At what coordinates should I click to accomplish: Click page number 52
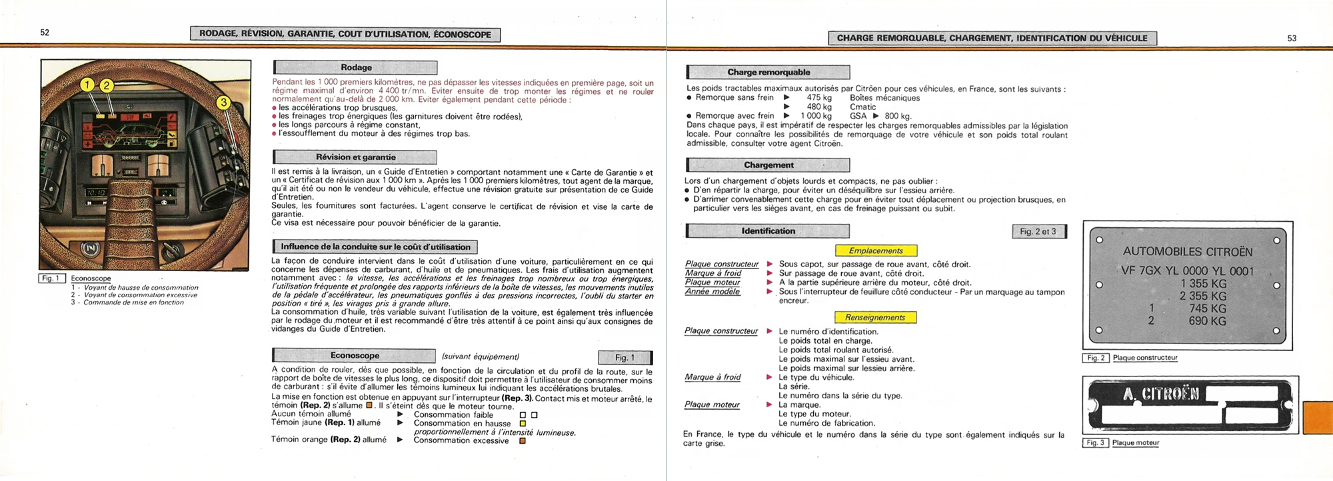click(45, 33)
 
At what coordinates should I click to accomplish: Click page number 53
click(1292, 39)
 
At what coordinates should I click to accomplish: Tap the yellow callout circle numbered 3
click(223, 103)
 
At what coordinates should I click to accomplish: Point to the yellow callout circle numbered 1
click(87, 85)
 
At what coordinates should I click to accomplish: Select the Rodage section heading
click(356, 67)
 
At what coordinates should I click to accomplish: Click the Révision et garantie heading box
click(355, 157)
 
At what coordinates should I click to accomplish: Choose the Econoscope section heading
click(355, 356)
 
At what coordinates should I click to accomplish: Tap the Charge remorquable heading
click(768, 72)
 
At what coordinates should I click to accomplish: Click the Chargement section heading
click(768, 165)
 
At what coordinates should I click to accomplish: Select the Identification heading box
click(768, 231)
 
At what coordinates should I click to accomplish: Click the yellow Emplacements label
click(876, 251)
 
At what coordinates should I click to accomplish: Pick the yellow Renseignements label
click(875, 318)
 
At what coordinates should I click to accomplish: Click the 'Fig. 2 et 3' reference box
click(1038, 232)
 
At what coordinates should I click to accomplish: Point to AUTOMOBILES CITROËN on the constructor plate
click(1188, 252)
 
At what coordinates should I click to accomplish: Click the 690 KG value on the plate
click(1207, 321)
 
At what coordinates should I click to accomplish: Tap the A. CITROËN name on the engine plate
click(1160, 394)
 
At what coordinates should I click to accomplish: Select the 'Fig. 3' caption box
click(1095, 443)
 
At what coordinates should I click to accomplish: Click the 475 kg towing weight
click(819, 98)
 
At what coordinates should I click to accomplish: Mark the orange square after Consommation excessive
click(523, 440)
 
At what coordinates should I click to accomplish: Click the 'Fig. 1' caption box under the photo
click(51, 278)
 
